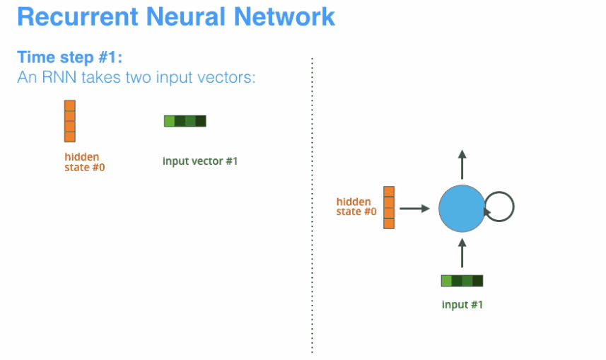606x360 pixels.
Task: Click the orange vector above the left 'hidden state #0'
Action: [69, 121]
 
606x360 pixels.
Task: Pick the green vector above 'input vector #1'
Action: [185, 121]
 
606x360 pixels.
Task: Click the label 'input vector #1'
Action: [200, 161]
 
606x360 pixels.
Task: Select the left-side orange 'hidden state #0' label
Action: [82, 162]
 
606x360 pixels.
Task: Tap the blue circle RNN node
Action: [462, 208]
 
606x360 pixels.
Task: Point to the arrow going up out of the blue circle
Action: [462, 164]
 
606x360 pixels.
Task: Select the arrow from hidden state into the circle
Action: [414, 209]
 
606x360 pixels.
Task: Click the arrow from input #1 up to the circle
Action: [462, 253]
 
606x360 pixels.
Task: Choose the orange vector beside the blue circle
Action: [388, 207]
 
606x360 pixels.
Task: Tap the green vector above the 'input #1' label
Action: [462, 281]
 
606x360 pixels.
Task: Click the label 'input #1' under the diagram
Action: [461, 305]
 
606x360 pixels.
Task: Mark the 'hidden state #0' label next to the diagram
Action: [356, 206]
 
